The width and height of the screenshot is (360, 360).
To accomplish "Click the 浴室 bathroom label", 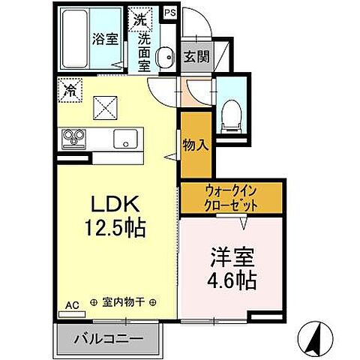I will tap(106, 39).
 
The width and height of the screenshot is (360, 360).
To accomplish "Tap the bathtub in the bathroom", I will tap(75, 40).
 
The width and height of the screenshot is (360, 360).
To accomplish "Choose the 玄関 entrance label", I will tap(194, 56).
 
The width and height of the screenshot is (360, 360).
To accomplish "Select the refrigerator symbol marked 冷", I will tap(69, 91).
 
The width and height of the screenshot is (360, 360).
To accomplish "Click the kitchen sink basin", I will tap(124, 139).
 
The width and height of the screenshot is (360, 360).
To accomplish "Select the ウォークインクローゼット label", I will tap(231, 198).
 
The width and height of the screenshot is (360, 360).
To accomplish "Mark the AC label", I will tap(72, 305).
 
